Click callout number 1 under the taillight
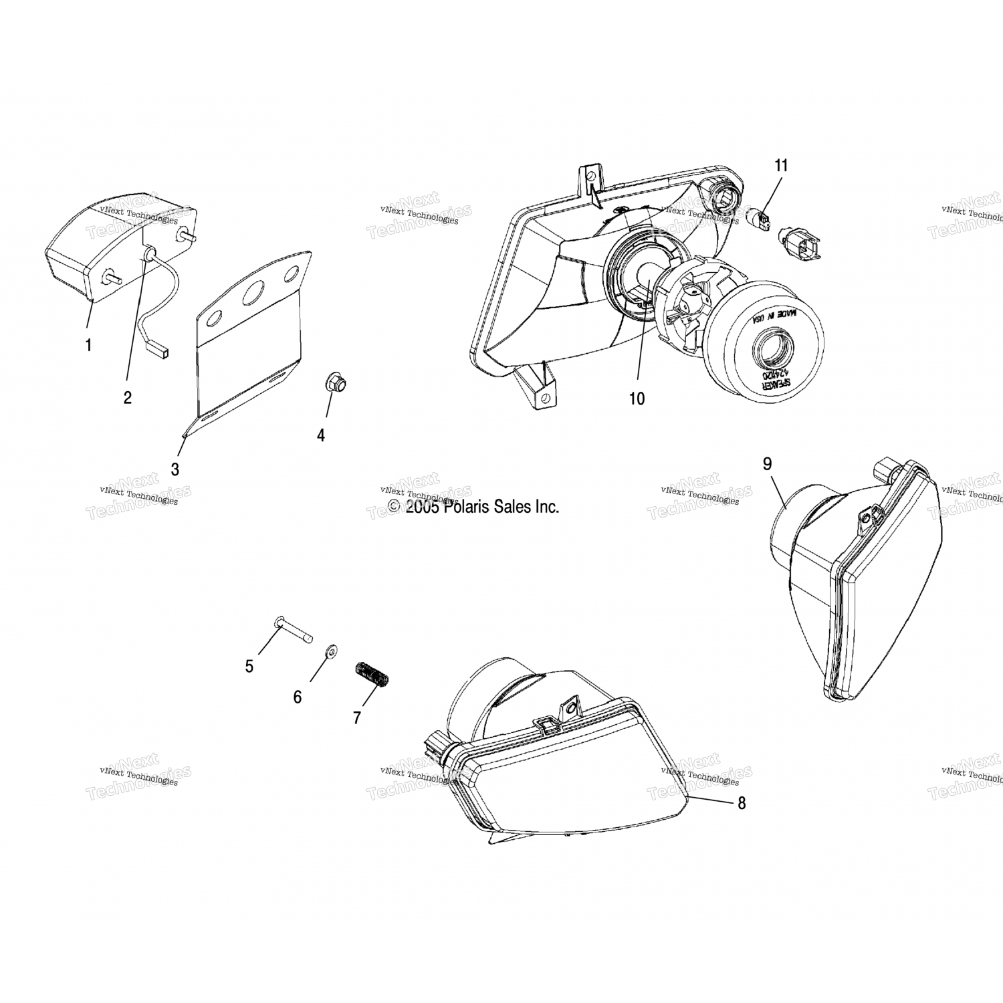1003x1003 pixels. tap(88, 346)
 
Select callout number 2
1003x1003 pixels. tap(127, 397)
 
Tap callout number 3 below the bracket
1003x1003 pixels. tap(175, 469)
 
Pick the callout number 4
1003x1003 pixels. tap(321, 435)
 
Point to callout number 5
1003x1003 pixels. tap(249, 666)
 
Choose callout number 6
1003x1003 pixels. tap(298, 697)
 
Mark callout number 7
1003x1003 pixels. tap(357, 717)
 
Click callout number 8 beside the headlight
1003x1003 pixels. tap(742, 803)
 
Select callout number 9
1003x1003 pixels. tap(768, 463)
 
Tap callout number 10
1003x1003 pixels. tap(637, 399)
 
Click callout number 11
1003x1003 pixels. tap(781, 165)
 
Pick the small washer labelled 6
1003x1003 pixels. tap(330, 651)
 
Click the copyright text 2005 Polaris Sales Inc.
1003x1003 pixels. tap(473, 507)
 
